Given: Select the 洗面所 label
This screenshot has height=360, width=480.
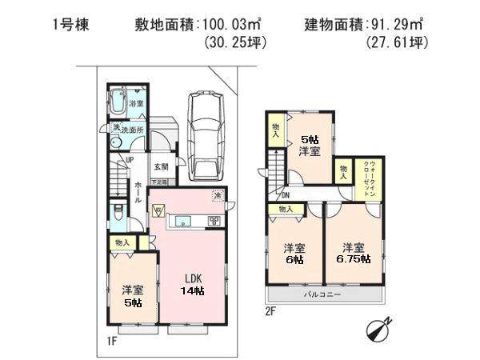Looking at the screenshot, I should click(x=127, y=129).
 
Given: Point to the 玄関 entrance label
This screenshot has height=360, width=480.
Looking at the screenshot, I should click(x=160, y=166).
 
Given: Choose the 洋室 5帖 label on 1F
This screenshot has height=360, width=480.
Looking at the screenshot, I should click(x=132, y=296).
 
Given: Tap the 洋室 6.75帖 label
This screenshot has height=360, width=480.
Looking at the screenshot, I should click(x=354, y=253).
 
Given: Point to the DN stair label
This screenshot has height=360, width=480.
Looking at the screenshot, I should click(x=285, y=194).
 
